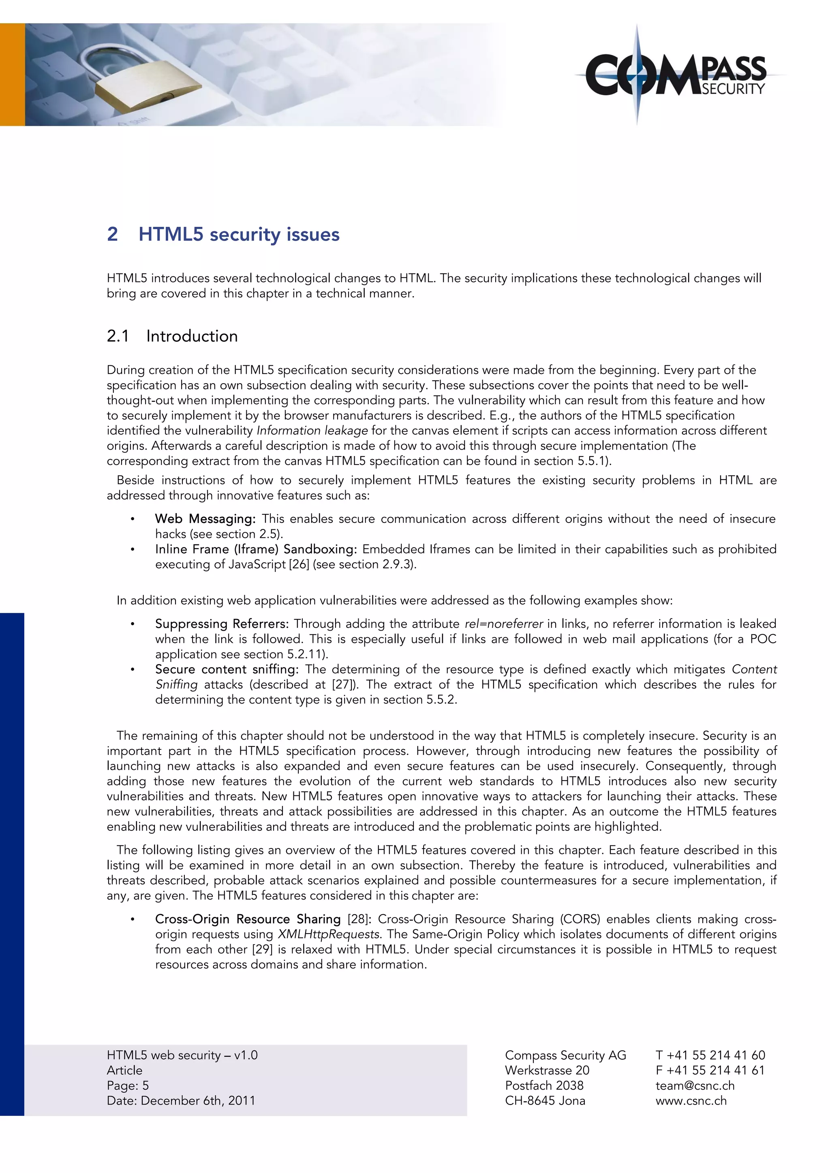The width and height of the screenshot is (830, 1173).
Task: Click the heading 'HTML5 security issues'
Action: pos(239,234)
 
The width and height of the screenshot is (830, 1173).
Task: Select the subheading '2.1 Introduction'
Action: pos(172,336)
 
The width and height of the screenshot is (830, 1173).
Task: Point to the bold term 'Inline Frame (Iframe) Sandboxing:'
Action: pos(256,549)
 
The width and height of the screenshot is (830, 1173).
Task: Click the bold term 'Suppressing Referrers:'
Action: pos(222,623)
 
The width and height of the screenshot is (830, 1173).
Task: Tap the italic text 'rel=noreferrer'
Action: pos(503,623)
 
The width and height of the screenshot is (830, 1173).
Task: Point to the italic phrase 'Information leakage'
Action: pos(312,430)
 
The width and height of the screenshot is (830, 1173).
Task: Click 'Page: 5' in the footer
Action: pos(128,1086)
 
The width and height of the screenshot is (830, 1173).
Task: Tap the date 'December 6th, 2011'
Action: pos(198,1100)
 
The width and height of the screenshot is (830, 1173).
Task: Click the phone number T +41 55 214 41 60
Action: pos(710,1055)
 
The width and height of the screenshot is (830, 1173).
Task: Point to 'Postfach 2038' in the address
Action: pos(544,1086)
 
